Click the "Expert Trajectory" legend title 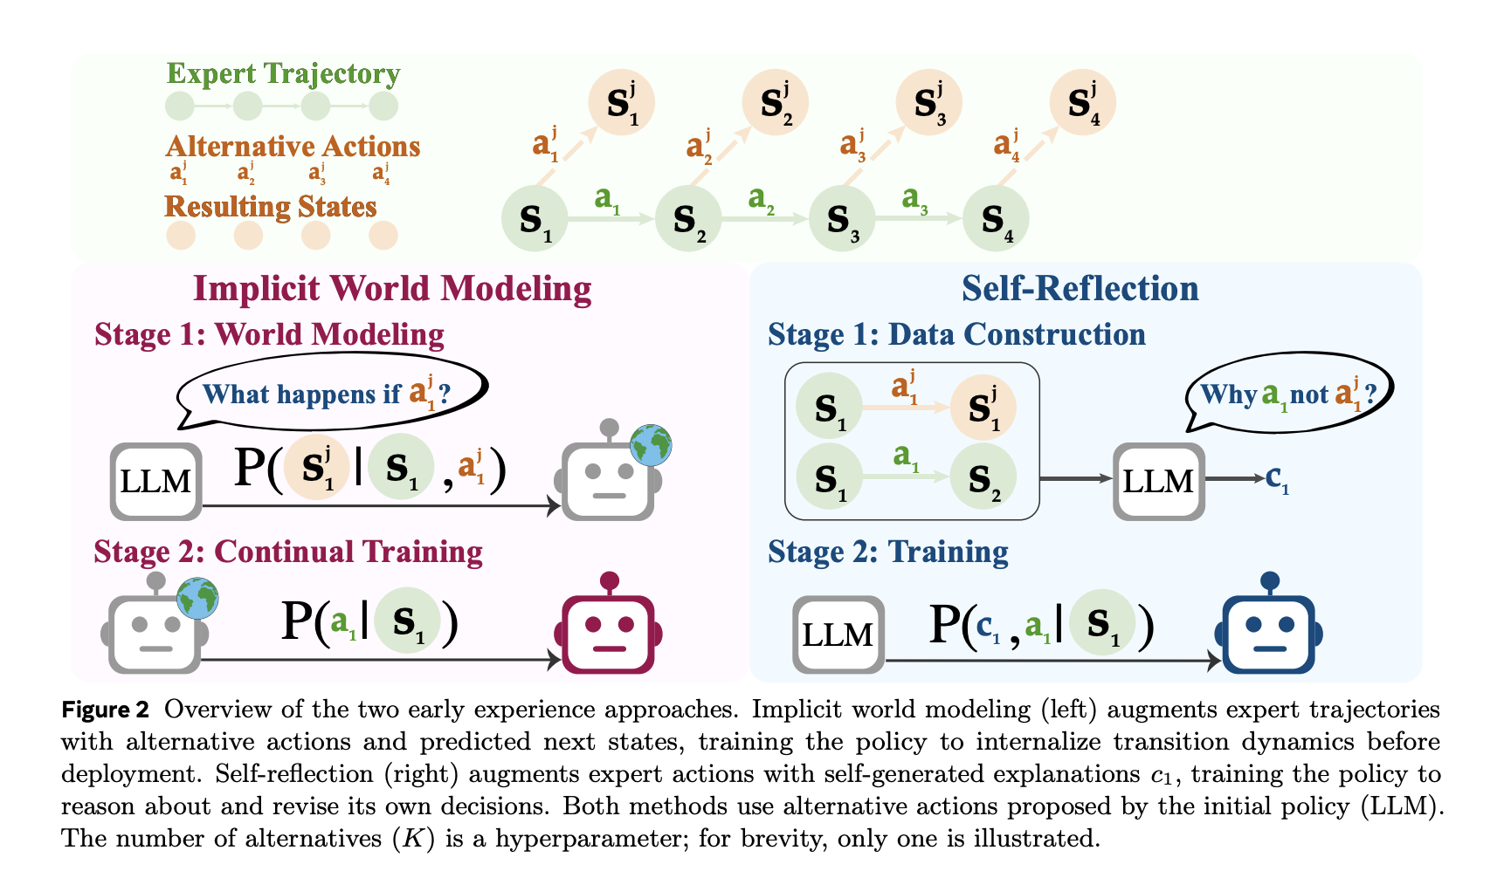(x=283, y=73)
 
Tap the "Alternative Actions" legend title (x=293, y=146)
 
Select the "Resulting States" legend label (x=271, y=206)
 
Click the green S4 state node (x=996, y=218)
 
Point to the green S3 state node (x=841, y=218)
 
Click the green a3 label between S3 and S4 (x=914, y=199)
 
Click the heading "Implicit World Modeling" (x=392, y=289)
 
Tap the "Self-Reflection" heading (x=1080, y=289)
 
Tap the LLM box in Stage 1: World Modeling (x=156, y=481)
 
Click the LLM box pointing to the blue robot (x=838, y=634)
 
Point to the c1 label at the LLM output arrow (x=1277, y=478)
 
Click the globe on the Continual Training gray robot (x=197, y=599)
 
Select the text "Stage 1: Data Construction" (x=956, y=334)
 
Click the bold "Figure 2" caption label (x=105, y=710)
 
